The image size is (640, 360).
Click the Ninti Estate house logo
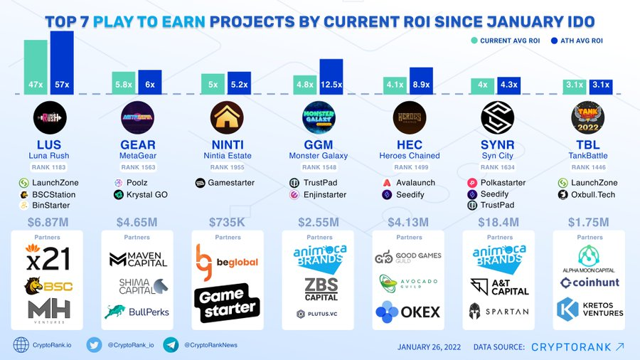click(x=228, y=118)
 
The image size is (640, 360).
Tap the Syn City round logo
click(x=498, y=118)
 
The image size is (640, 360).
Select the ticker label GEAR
click(x=138, y=145)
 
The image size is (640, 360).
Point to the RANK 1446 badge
click(x=590, y=167)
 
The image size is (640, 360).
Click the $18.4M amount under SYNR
click(x=499, y=223)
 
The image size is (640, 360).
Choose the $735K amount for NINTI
click(x=228, y=223)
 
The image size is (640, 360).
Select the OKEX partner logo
click(x=409, y=312)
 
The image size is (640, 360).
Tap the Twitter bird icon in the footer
click(x=95, y=345)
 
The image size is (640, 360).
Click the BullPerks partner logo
click(x=138, y=312)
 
